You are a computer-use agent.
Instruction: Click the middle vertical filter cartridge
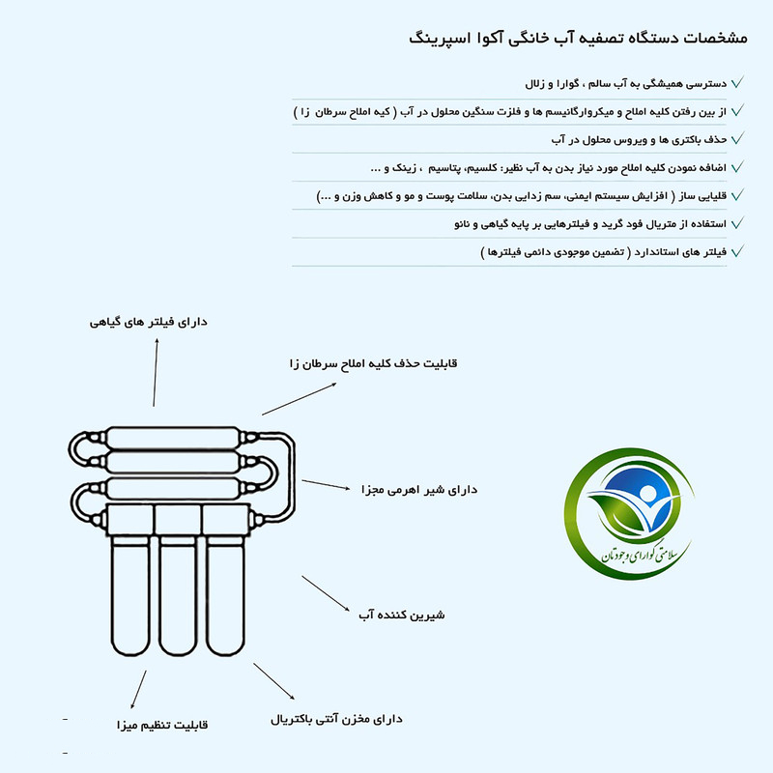[178, 599]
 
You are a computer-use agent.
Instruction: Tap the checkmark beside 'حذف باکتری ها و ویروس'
[738, 139]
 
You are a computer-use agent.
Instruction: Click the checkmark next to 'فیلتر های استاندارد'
[738, 251]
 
